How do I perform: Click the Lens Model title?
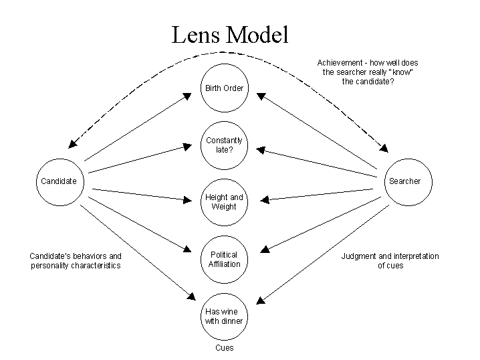(230, 35)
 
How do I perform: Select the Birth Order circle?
(224, 88)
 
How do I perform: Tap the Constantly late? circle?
(224, 145)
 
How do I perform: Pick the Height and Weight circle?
(224, 202)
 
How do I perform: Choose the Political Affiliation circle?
(224, 259)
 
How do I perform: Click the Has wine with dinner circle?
(224, 316)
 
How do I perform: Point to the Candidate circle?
(59, 181)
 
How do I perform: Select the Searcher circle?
(404, 181)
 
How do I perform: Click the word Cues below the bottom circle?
(224, 348)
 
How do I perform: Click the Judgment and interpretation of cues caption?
(390, 261)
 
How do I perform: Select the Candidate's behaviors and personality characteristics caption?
(76, 261)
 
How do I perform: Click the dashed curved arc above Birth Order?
(227, 52)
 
